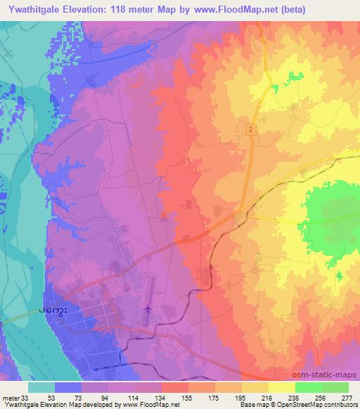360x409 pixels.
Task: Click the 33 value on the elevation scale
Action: coord(27,398)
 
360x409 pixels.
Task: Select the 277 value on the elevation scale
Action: coord(345,398)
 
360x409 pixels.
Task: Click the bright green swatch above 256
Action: coord(307,387)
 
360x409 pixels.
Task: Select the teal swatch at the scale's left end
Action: coord(42,387)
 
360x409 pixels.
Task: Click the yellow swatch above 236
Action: coord(281,387)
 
